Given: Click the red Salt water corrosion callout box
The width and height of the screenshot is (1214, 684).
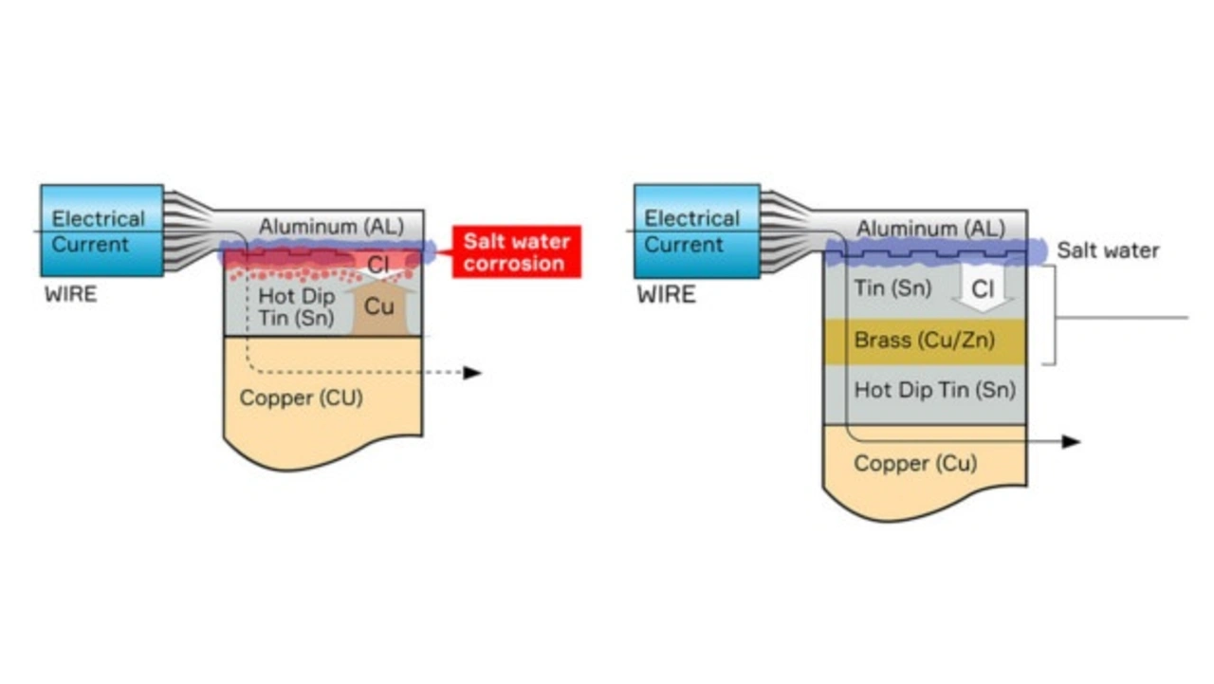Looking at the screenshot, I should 516,252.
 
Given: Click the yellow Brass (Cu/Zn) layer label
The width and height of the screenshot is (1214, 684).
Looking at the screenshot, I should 925,340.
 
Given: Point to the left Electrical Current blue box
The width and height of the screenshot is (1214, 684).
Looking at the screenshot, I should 101,231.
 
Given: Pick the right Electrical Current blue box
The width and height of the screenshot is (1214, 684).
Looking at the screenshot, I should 695,231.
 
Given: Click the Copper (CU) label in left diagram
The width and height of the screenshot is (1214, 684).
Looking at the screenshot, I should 301,397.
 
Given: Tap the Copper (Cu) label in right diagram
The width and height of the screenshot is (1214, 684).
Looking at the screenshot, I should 915,464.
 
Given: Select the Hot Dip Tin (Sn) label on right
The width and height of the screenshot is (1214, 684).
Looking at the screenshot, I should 934,390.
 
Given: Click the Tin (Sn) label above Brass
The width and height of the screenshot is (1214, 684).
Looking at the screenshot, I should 892,287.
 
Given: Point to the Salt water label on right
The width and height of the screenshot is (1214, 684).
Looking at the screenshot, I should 1108,250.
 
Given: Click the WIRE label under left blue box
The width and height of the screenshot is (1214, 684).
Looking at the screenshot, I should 71,294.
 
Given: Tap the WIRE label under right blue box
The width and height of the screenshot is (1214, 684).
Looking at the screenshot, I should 666,294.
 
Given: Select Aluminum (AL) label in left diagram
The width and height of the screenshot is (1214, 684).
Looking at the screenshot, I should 331,226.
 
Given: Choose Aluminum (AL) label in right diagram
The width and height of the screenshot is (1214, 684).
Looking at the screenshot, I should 929,229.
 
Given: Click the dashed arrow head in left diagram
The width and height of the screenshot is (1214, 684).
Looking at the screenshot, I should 473,373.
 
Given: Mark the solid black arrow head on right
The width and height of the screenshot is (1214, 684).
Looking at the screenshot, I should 1071,441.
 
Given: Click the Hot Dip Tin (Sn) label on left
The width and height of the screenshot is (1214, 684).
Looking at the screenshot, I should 296,306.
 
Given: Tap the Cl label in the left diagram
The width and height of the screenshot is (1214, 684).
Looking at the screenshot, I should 378,265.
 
